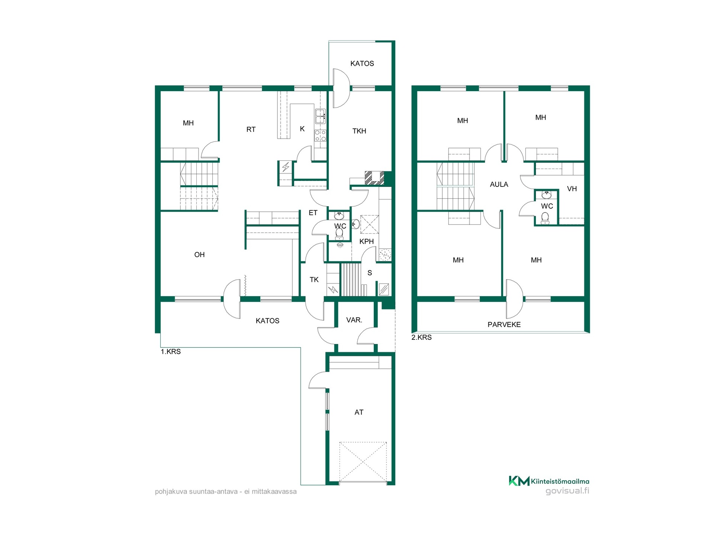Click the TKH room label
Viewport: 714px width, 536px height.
[x=359, y=131]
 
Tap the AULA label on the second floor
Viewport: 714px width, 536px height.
[x=499, y=184]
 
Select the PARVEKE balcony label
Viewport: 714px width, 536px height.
[x=504, y=325]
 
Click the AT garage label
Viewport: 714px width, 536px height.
[x=359, y=412]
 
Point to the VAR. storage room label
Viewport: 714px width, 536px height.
[x=354, y=320]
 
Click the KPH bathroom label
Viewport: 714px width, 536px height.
[x=366, y=241]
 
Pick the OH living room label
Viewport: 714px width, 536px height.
[x=199, y=255]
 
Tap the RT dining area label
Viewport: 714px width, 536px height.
[x=251, y=130]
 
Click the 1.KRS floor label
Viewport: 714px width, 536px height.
[x=171, y=351]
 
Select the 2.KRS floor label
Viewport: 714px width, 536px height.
[x=421, y=337]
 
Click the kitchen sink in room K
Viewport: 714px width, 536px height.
[x=320, y=116]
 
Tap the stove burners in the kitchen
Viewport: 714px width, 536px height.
[x=320, y=135]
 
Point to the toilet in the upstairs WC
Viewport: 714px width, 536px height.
[x=545, y=218]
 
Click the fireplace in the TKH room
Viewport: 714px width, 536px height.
[x=374, y=178]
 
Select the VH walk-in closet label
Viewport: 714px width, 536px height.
[x=572, y=189]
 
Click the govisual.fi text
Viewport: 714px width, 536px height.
[x=567, y=491]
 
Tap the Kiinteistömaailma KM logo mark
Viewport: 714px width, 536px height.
[x=519, y=481]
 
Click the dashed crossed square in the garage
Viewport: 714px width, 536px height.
[x=363, y=462]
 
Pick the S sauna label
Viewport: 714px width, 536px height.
[x=370, y=273]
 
